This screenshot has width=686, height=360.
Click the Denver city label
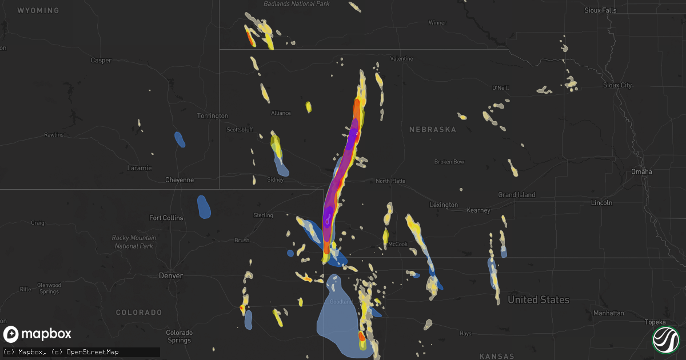click(x=171, y=275)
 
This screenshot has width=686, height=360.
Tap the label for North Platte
click(x=390, y=181)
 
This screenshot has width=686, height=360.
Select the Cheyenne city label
click(x=180, y=180)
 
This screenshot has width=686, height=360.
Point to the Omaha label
click(x=641, y=171)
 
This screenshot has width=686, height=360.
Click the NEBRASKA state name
click(x=433, y=130)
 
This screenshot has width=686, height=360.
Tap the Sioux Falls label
click(x=600, y=10)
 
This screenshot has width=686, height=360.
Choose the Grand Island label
click(x=516, y=195)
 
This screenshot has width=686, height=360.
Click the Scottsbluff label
click(x=240, y=130)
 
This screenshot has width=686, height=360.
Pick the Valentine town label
click(x=401, y=59)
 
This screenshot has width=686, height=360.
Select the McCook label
click(x=398, y=244)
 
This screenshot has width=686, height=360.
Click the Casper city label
click(x=101, y=60)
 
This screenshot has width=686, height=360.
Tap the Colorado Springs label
click(x=179, y=336)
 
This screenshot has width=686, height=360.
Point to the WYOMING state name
click(x=38, y=11)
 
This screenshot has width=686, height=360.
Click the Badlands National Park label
click(x=297, y=4)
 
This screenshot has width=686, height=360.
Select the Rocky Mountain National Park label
click(x=134, y=242)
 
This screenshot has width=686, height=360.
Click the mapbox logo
click(x=38, y=334)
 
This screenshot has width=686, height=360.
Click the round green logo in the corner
click(x=665, y=339)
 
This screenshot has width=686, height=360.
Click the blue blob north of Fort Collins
click(x=204, y=207)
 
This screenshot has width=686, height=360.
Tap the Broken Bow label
click(x=449, y=162)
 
